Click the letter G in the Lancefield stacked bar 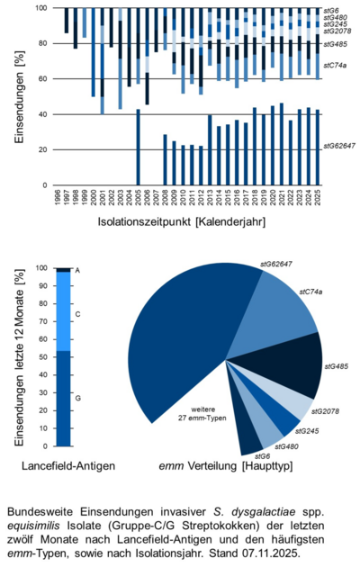pyautogui.click(x=77, y=397)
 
